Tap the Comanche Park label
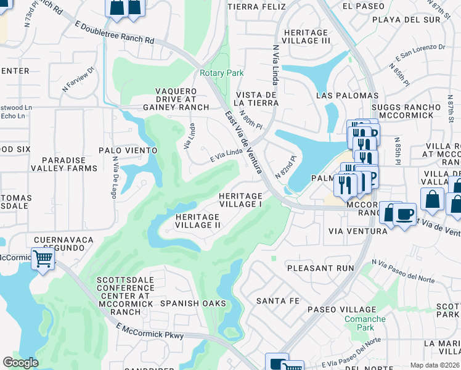pos(365,324)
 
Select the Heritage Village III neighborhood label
pos(306,36)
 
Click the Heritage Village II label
pos(197,221)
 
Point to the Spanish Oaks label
pos(189,303)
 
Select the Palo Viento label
pos(128,150)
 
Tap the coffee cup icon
pos(404,215)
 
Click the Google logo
pos(20,363)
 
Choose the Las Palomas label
pos(347,96)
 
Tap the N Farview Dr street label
pos(77,78)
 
